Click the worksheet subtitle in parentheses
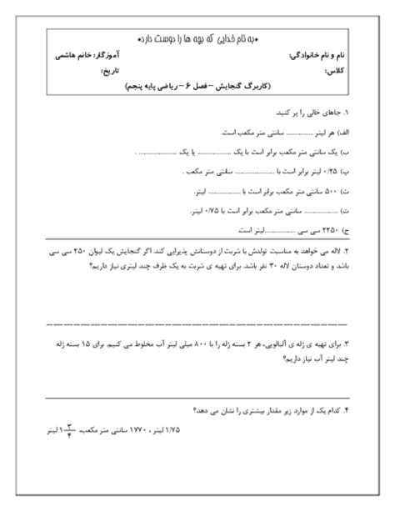click(199, 87)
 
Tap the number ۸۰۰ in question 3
click(190, 343)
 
